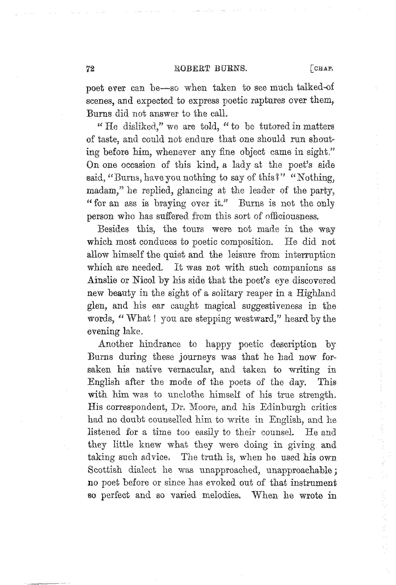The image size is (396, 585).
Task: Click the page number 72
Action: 90,69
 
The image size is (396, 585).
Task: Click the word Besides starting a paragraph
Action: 113,229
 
